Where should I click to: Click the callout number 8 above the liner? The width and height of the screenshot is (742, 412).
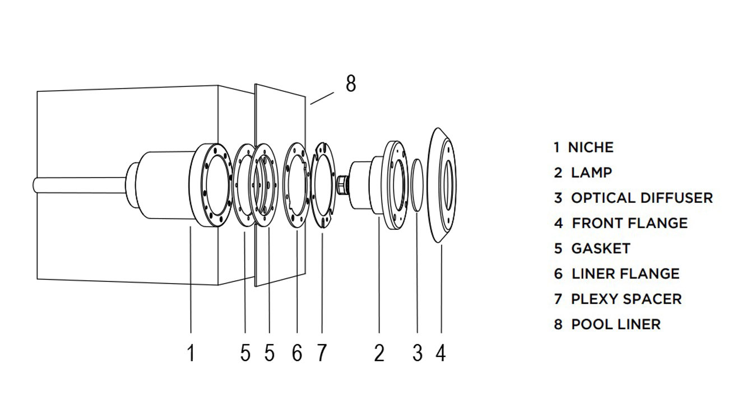pos(351,84)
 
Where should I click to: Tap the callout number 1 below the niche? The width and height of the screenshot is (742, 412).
pos(191,353)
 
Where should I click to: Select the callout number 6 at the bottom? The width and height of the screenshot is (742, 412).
pos(296,353)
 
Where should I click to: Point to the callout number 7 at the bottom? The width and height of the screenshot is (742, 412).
pos(321,353)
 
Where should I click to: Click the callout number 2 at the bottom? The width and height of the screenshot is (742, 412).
pos(379,353)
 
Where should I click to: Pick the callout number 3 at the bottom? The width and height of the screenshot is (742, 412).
pos(417,353)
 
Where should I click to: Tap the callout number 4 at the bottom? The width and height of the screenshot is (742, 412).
pos(441,353)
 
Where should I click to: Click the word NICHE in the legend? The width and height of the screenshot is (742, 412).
pos(591,147)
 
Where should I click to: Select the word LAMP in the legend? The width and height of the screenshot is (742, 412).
pos(591,173)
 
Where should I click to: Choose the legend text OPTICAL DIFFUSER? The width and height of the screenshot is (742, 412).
pos(642,198)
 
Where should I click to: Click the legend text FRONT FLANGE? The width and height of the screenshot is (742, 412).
pos(629,223)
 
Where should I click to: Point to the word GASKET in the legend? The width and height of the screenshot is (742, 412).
pos(600,248)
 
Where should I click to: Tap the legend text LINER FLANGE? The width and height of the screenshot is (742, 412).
pos(625,274)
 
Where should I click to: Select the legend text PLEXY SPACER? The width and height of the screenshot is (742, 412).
pos(626,299)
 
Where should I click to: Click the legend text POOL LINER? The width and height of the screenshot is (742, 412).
pos(615,324)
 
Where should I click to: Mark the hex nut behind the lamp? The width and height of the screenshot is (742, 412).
pos(342,184)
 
